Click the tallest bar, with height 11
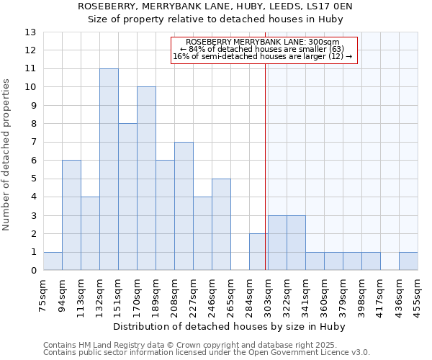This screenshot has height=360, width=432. (x=109, y=170)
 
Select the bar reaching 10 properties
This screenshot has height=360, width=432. (x=146, y=179)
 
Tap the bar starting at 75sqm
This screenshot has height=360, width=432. (x=53, y=261)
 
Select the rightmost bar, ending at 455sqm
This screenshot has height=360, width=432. (x=408, y=261)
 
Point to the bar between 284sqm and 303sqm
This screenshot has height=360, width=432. (x=258, y=252)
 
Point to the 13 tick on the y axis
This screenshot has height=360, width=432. (x=30, y=32)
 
